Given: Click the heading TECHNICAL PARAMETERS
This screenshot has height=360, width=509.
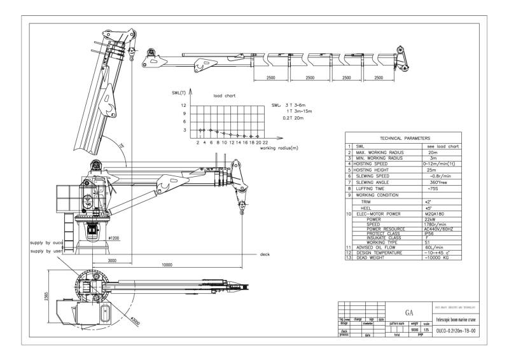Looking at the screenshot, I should tap(405, 138).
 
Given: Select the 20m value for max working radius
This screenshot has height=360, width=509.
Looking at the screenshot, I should tap(433, 153).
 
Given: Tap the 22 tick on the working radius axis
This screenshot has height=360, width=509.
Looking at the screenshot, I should tap(265, 142).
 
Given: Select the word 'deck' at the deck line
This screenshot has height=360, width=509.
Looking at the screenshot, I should tap(265, 254).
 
